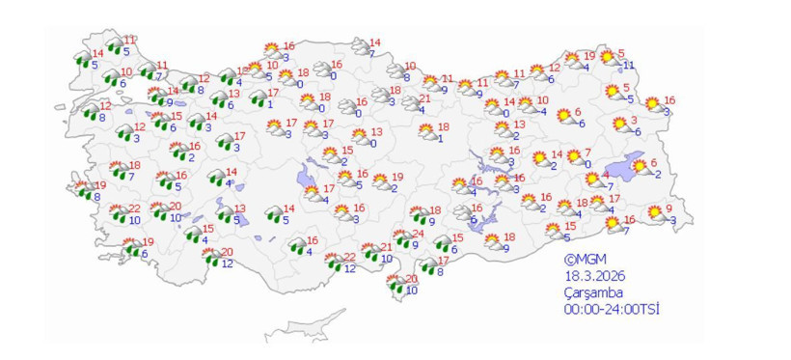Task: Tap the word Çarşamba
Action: pos(593,292)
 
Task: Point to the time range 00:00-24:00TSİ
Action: pos(613,309)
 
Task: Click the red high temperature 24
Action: pos(418,235)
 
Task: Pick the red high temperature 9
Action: pos(668,208)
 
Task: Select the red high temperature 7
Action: pos(586,152)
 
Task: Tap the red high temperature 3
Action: pos(634,120)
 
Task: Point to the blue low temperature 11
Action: pos(628,65)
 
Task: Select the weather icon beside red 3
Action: pos(619,125)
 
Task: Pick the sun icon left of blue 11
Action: pos(609,58)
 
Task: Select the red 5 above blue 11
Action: pos(620,53)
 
